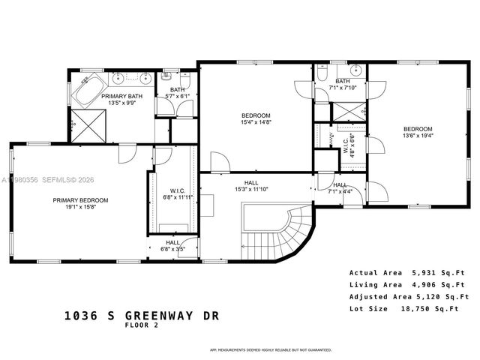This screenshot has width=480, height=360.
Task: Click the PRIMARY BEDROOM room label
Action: coord(80,200)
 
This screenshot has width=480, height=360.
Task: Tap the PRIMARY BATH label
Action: coord(122,96)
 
